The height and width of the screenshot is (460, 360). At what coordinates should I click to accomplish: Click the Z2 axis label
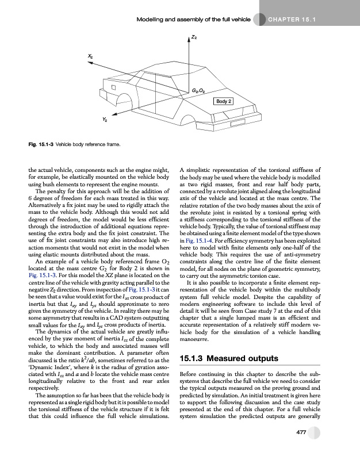[195, 38]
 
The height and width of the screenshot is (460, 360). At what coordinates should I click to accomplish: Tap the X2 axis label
[91, 56]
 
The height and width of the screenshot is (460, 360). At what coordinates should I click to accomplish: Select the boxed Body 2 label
[223, 101]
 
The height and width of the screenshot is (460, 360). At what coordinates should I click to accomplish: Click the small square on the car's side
[114, 87]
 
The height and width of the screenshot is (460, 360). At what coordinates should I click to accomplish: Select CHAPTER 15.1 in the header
[293, 20]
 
